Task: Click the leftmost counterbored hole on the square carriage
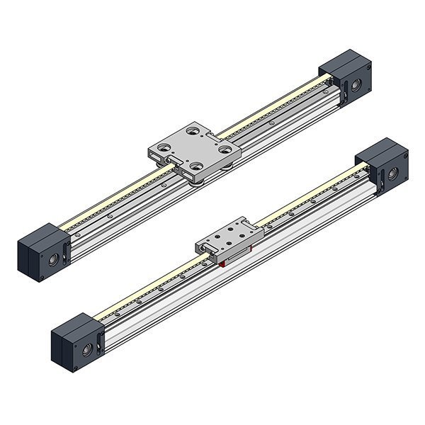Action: [x=164, y=148]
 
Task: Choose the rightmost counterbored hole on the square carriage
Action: [x=225, y=149]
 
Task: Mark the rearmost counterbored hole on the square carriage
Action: [x=193, y=130]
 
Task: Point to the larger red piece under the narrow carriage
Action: [x=222, y=263]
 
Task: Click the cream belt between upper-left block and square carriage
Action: [x=106, y=204]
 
